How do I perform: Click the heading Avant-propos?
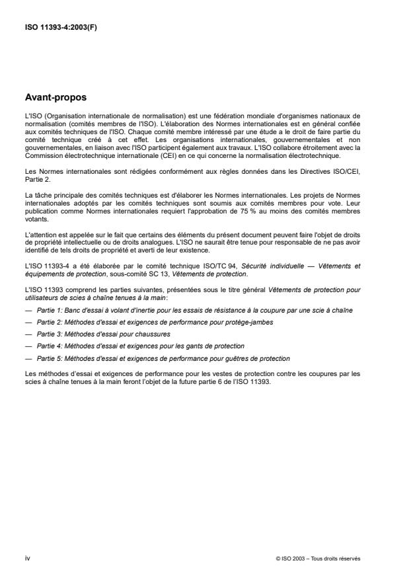pos(55,97)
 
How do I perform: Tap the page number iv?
pos(26,558)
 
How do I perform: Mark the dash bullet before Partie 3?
pos(28,334)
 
